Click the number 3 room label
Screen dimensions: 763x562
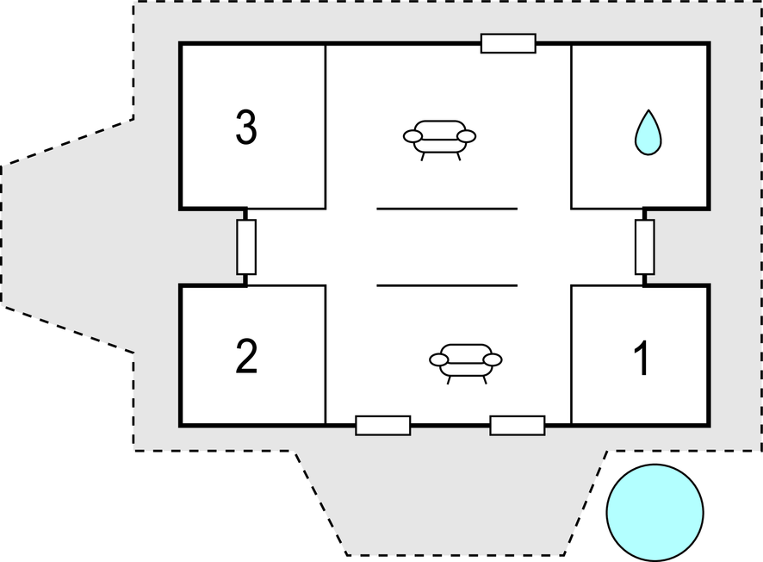point(246,127)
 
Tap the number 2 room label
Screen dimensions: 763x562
point(246,357)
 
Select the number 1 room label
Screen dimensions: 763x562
point(642,358)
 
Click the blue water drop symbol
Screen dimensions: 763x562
point(648,133)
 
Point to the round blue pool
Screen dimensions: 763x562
point(655,512)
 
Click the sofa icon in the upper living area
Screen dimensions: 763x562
point(439,140)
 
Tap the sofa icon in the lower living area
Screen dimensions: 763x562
point(466,364)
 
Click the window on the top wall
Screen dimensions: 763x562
point(508,43)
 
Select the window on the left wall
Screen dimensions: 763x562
point(246,247)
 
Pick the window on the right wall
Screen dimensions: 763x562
point(645,247)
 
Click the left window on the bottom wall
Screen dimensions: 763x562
point(383,426)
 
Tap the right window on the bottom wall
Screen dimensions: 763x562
point(518,426)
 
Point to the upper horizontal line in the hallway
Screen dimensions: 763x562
point(447,209)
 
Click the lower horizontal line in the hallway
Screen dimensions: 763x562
point(447,285)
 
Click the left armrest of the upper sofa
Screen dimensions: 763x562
point(413,136)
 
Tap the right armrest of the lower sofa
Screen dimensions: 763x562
point(493,360)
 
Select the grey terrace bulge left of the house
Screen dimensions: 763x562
point(68,236)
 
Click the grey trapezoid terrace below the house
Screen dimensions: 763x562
point(452,502)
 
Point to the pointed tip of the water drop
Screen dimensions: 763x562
point(648,110)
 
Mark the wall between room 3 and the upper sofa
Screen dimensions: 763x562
point(326,127)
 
